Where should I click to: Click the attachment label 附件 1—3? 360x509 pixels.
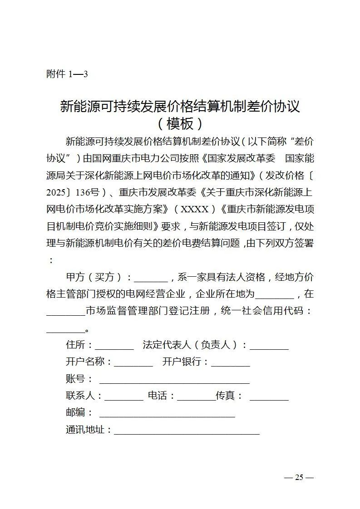tap(67, 74)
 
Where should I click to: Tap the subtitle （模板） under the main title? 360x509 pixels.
tap(180, 123)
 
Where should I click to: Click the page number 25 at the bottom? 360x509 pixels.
tap(299, 477)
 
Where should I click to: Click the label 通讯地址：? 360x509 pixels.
tap(89, 430)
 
